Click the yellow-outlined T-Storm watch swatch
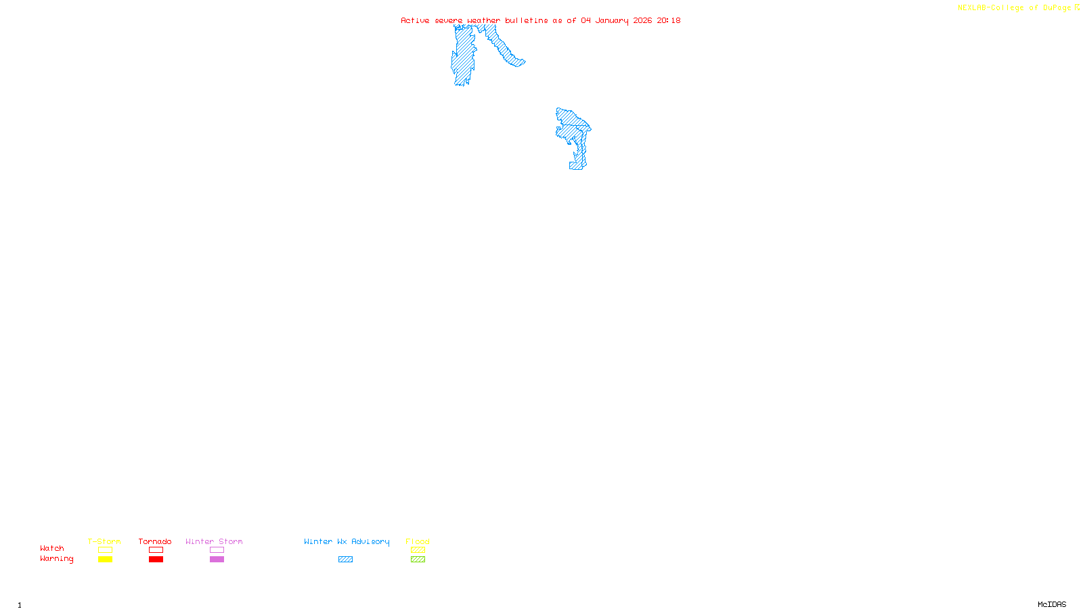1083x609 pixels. (105, 550)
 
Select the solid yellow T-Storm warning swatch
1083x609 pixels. (105, 560)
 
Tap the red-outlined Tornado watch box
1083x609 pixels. (156, 550)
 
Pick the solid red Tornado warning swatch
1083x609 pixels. (156, 560)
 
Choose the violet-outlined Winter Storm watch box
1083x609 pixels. (217, 550)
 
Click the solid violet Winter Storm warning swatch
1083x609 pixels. (217, 560)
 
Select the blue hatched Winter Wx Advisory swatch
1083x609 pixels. (345, 560)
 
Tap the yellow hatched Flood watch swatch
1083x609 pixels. (418, 550)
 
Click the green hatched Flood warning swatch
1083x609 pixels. (418, 560)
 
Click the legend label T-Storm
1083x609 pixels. (104, 541)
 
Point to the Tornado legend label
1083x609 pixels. (155, 541)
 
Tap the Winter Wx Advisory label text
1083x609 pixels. (347, 541)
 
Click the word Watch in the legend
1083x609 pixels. (52, 548)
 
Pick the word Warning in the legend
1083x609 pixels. (57, 559)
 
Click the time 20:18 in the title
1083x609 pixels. (669, 20)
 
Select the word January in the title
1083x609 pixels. (612, 20)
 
